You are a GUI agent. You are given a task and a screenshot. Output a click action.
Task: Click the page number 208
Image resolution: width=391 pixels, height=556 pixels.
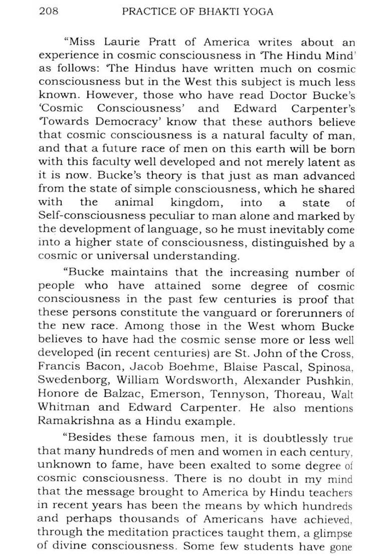[x=49, y=11]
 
